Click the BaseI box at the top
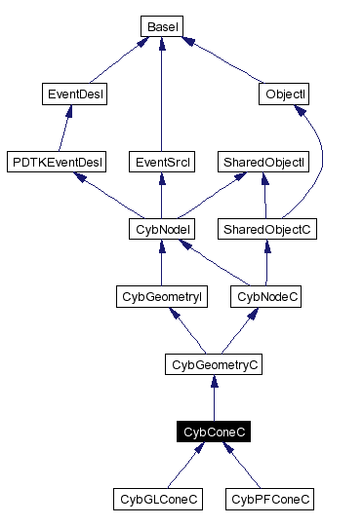click(x=160, y=26)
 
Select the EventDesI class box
click(x=76, y=94)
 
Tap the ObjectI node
click(x=285, y=94)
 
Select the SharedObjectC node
click(x=265, y=230)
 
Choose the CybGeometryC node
click(x=213, y=365)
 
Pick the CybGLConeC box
click(x=160, y=500)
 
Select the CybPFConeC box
click(x=271, y=500)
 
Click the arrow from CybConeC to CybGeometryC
click(x=213, y=399)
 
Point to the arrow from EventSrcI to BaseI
click(x=159, y=97)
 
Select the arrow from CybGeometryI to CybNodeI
click(x=161, y=264)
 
